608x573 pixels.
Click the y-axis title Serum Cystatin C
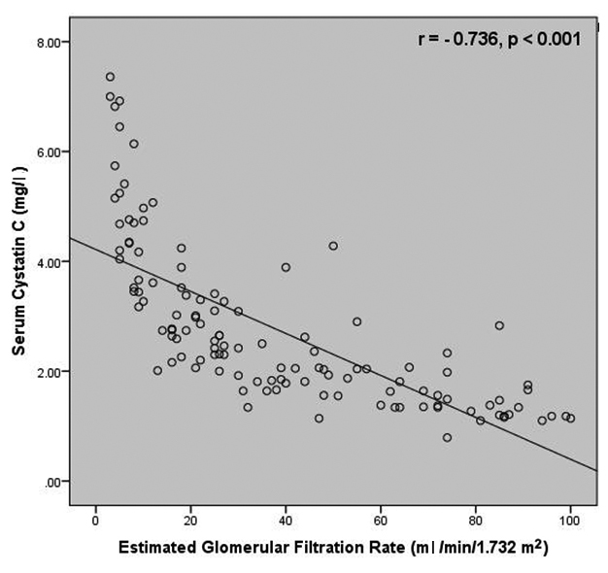pos(17,262)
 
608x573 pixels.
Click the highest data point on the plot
pos(110,77)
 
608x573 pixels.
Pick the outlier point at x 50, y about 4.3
pos(333,246)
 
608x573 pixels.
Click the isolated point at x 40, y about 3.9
pos(286,267)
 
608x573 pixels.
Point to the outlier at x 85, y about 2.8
pos(499,325)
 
